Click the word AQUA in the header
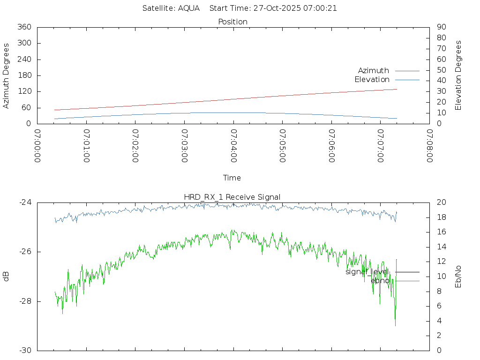[188, 8]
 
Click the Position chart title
[233, 22]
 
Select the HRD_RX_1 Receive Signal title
[232, 197]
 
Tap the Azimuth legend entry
[374, 70]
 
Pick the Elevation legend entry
[372, 79]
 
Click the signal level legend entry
[367, 271]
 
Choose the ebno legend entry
[380, 280]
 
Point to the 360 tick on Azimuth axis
[24, 27]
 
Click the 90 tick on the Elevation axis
[441, 27]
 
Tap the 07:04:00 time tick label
[233, 146]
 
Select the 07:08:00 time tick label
[429, 146]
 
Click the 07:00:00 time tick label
[37, 146]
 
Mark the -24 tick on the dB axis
[25, 202]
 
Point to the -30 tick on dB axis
[25, 351]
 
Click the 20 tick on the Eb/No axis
[441, 202]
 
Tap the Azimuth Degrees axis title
[6, 75]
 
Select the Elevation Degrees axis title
[458, 75]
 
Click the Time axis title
[232, 178]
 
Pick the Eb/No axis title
[458, 277]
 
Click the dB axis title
[6, 277]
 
